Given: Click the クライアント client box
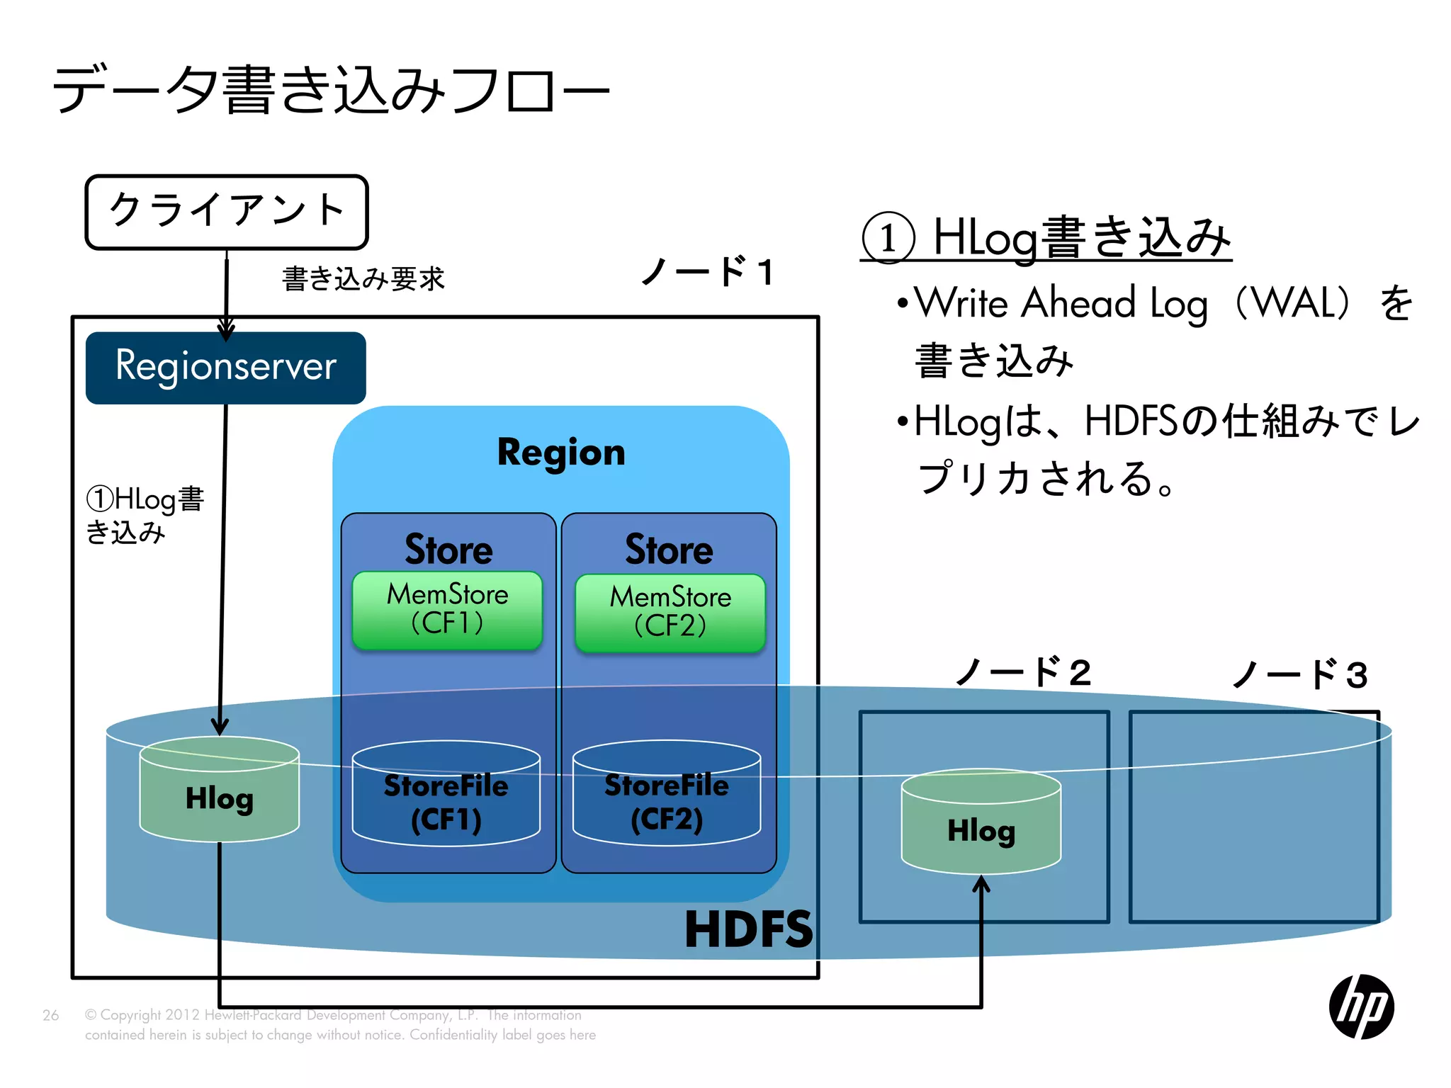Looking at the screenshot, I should click(x=227, y=212).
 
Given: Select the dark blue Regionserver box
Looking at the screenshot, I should click(x=225, y=368).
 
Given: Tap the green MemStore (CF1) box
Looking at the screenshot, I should click(x=447, y=610).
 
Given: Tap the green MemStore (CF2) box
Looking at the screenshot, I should click(x=670, y=613).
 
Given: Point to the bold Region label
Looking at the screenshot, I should click(x=561, y=453).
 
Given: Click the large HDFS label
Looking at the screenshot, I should click(x=748, y=930).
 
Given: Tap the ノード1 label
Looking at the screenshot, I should click(x=708, y=271).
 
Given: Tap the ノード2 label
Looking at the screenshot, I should click(x=1023, y=672).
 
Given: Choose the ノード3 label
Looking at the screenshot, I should click(x=1300, y=674).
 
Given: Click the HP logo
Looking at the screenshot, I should click(x=1361, y=1007).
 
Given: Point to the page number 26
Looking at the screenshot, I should click(x=50, y=1015).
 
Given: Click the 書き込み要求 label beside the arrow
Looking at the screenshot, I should click(x=363, y=279).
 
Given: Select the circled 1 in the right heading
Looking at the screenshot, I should click(x=888, y=238).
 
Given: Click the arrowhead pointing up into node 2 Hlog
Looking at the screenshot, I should click(x=981, y=884).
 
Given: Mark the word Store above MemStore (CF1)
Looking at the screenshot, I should click(x=448, y=550).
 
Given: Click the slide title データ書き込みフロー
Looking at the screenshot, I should click(x=331, y=90).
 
